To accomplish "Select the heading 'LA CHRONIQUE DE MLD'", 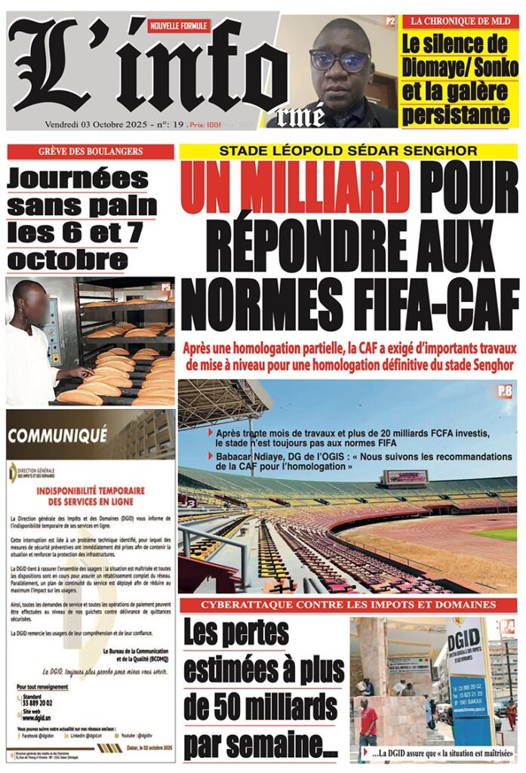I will (x=460, y=22).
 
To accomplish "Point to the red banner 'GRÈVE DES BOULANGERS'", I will (x=91, y=152).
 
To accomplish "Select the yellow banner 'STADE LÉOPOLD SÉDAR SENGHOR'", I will (x=348, y=151).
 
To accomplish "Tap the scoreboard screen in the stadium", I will (x=406, y=477).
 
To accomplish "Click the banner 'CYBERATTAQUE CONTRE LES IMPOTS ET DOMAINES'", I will (x=348, y=605).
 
